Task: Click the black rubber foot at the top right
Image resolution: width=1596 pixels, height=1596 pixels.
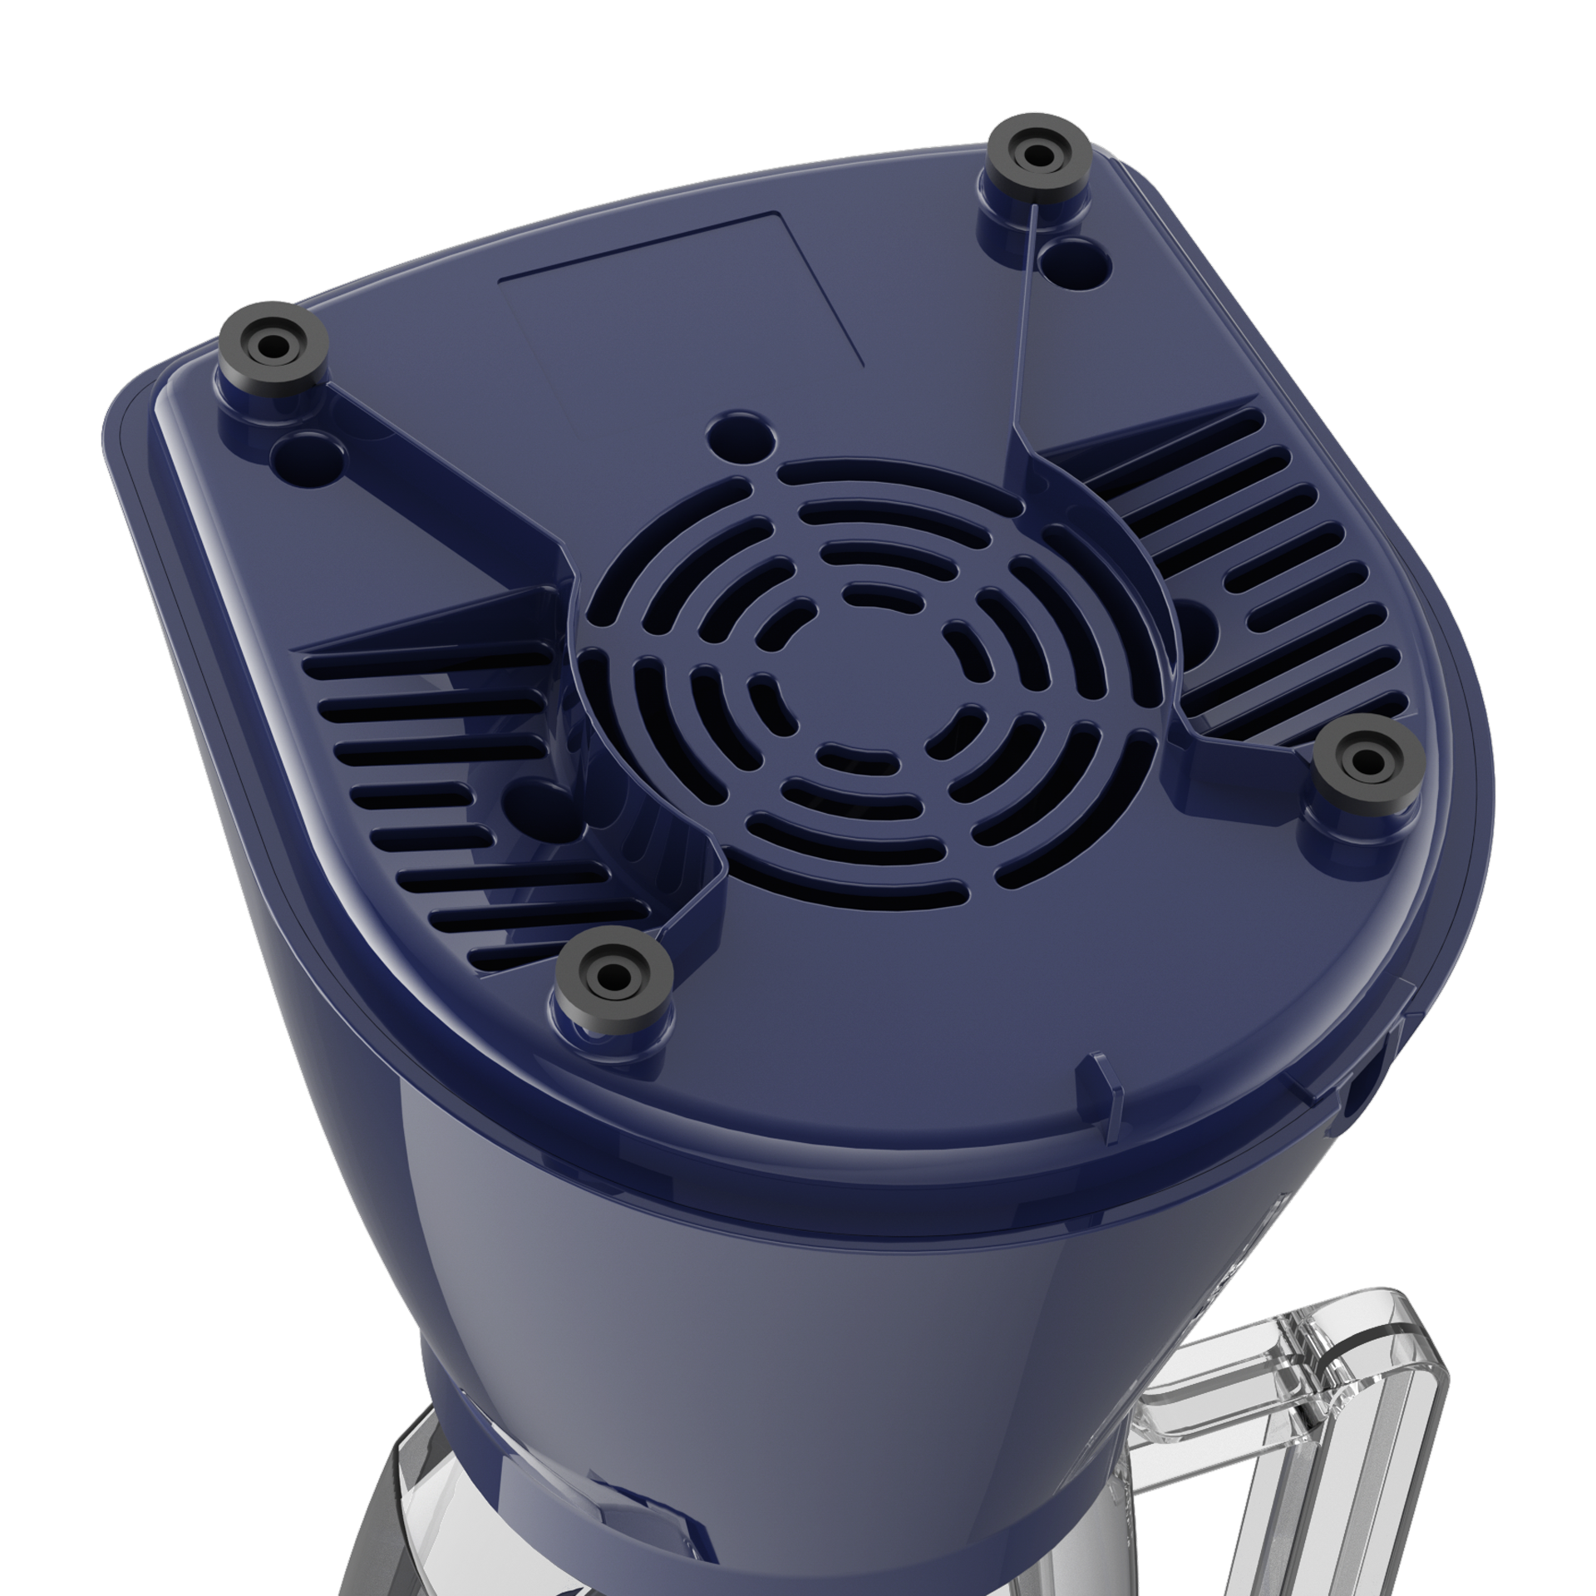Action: (1036, 155)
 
